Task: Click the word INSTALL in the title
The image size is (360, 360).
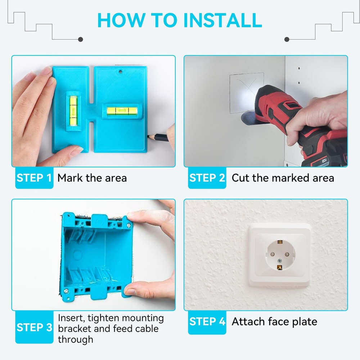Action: tap(222, 20)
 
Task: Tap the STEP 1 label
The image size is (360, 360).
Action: tap(34, 178)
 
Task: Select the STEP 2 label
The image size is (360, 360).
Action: tap(207, 178)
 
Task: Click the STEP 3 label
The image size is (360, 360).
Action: tap(34, 327)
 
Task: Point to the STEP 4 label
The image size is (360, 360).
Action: tap(207, 321)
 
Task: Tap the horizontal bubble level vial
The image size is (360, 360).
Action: tap(122, 111)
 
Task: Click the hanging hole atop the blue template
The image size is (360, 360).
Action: tap(120, 72)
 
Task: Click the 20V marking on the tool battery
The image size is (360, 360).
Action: tap(324, 160)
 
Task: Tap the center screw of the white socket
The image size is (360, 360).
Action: tap(279, 261)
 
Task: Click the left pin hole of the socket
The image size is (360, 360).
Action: tap(273, 254)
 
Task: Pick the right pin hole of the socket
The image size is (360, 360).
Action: tap(287, 254)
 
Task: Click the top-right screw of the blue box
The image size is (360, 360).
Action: tap(129, 226)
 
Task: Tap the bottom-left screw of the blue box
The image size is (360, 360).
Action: tap(66, 291)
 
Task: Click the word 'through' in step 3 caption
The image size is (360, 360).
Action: tap(76, 339)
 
